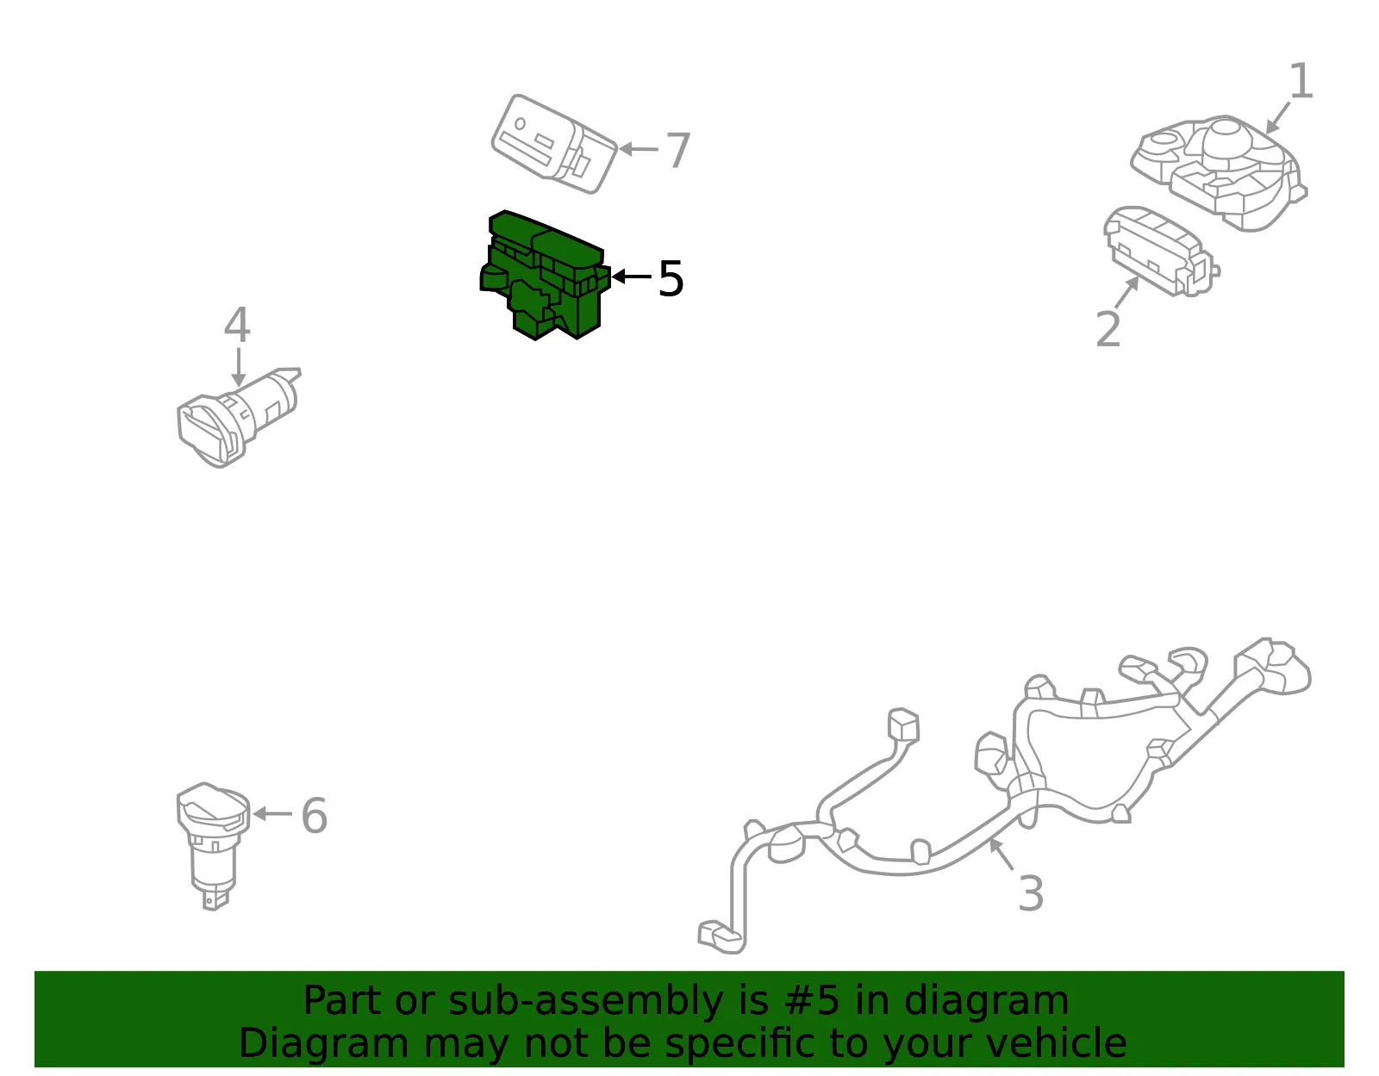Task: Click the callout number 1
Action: [x=1301, y=81]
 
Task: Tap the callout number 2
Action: [x=1108, y=329]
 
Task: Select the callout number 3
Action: [x=1031, y=893]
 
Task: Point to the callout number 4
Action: [x=237, y=324]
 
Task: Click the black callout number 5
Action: [x=671, y=278]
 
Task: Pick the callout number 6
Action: [x=314, y=816]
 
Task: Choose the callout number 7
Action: [x=677, y=150]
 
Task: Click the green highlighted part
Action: [x=545, y=275]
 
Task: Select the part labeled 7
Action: [x=553, y=144]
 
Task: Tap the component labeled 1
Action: [x=1219, y=172]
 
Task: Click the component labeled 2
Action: [x=1160, y=251]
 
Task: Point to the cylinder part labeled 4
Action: [x=238, y=417]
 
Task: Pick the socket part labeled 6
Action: [x=213, y=846]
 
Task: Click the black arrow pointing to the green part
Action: [x=632, y=277]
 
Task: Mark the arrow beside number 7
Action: [x=639, y=149]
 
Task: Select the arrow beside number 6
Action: [x=272, y=813]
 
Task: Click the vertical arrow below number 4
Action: [x=238, y=366]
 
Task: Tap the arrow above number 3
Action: [x=1001, y=854]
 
